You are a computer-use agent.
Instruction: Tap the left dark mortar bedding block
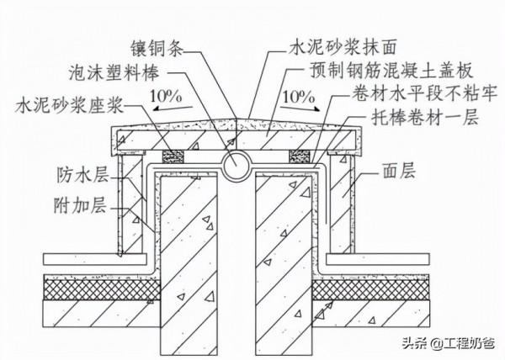point(175,156)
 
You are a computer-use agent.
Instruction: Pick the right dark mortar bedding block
point(299,156)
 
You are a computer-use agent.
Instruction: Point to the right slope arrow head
point(320,108)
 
